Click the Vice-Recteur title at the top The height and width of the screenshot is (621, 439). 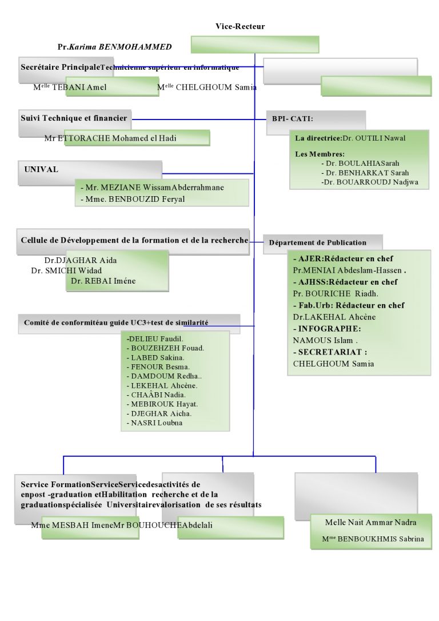coord(240,26)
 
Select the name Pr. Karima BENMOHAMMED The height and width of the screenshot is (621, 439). coord(114,46)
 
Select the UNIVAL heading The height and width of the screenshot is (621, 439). coord(42,170)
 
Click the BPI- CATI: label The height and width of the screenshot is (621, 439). coord(293,119)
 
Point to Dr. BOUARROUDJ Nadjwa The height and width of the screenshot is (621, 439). coord(370,182)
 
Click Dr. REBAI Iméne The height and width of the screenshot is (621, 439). coord(103,281)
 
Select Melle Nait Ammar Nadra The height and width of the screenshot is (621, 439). coord(370,523)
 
